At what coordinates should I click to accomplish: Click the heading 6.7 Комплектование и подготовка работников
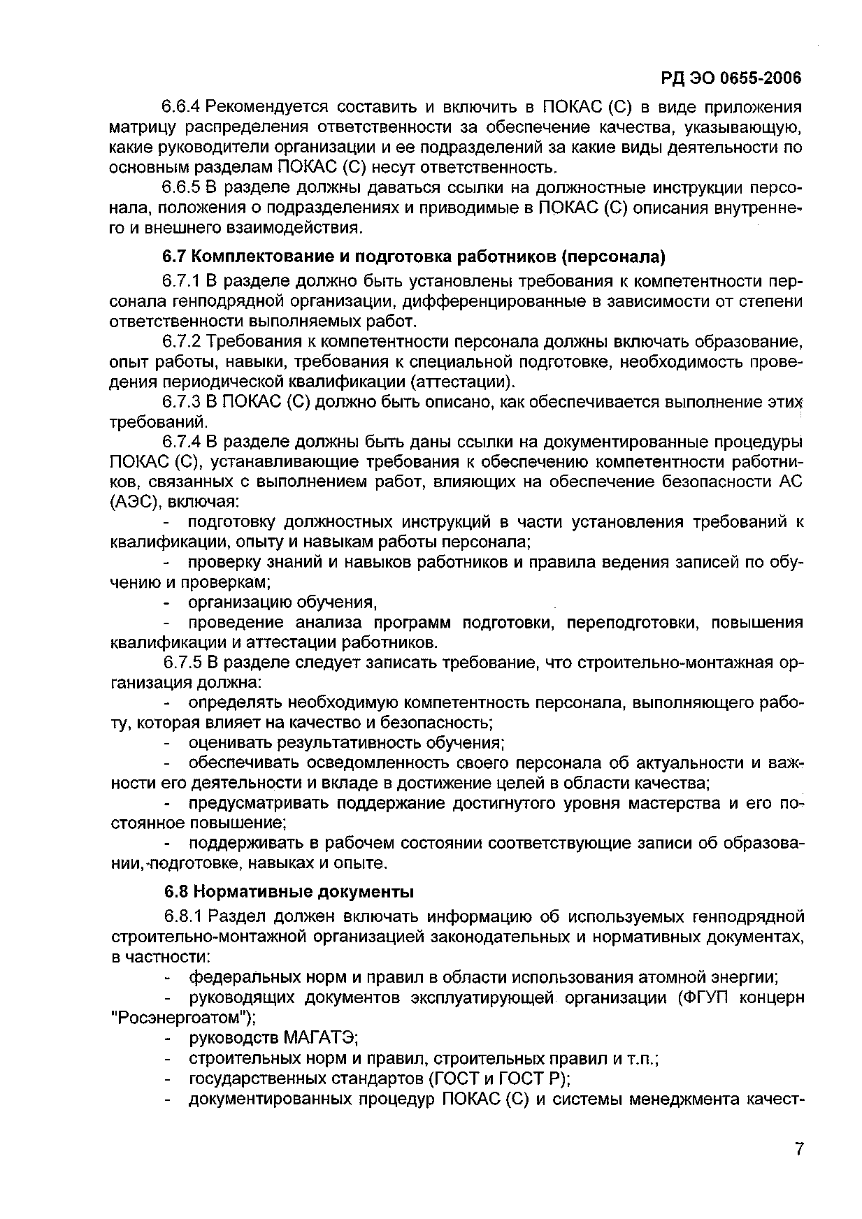pos(414,257)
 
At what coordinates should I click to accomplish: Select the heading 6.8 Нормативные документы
pos(289,892)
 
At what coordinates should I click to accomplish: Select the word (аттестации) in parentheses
pos(461,382)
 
